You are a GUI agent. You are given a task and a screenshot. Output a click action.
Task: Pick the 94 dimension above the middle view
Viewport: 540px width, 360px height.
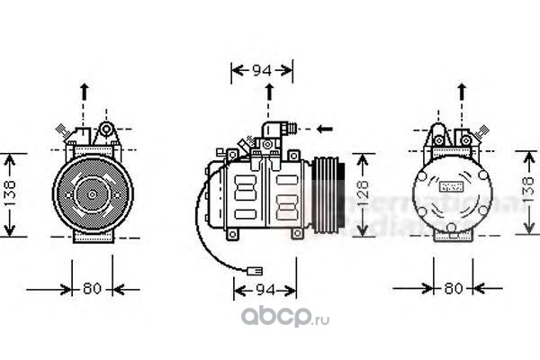coord(262,69)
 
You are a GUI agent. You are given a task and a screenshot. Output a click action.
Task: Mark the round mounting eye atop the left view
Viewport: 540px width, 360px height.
coord(106,130)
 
